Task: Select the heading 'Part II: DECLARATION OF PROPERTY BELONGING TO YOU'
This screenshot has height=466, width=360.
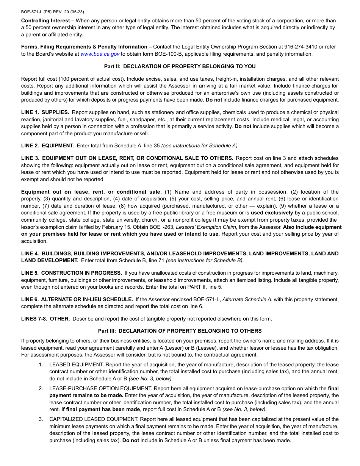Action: click(x=180, y=67)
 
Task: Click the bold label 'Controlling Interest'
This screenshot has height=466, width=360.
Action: click(x=45, y=20)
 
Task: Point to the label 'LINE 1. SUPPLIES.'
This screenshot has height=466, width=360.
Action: click(x=45, y=113)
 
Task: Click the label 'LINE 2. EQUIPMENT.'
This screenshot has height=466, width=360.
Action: click(x=47, y=145)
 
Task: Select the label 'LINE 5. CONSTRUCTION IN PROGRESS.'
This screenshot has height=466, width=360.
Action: click(x=71, y=273)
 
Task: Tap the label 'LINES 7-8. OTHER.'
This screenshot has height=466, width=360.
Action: click(x=45, y=319)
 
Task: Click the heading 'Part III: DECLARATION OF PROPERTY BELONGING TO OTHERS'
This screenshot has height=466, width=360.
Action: click(x=180, y=331)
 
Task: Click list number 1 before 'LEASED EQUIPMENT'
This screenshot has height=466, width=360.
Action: click(x=41, y=364)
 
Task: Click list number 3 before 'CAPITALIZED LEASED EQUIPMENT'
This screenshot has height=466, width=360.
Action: click(x=41, y=419)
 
